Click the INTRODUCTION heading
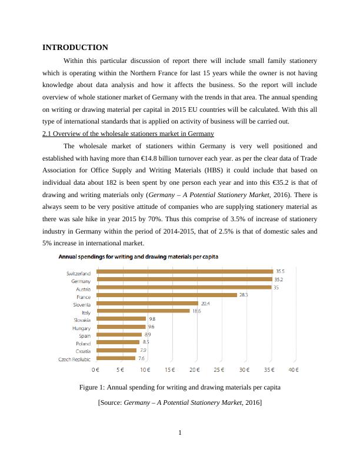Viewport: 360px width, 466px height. pyautogui.click(x=75, y=48)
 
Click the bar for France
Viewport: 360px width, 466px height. pyautogui.click(x=166, y=295)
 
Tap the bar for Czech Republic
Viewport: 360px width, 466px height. pyautogui.click(x=116, y=358)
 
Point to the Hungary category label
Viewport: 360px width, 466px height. pyautogui.click(x=81, y=328)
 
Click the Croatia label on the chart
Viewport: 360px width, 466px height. pyautogui.click(x=82, y=351)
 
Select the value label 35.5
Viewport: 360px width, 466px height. pyautogui.click(x=281, y=272)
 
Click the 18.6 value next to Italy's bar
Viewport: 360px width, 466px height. pyautogui.click(x=197, y=311)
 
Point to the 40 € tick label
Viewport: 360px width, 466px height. pyautogui.click(x=293, y=370)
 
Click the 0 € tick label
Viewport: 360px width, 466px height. pyautogui.click(x=96, y=370)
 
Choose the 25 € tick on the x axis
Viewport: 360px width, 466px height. pyautogui.click(x=219, y=370)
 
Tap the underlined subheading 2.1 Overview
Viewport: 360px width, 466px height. pyautogui.click(x=128, y=134)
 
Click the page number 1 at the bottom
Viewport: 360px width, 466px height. pyautogui.click(x=180, y=434)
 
